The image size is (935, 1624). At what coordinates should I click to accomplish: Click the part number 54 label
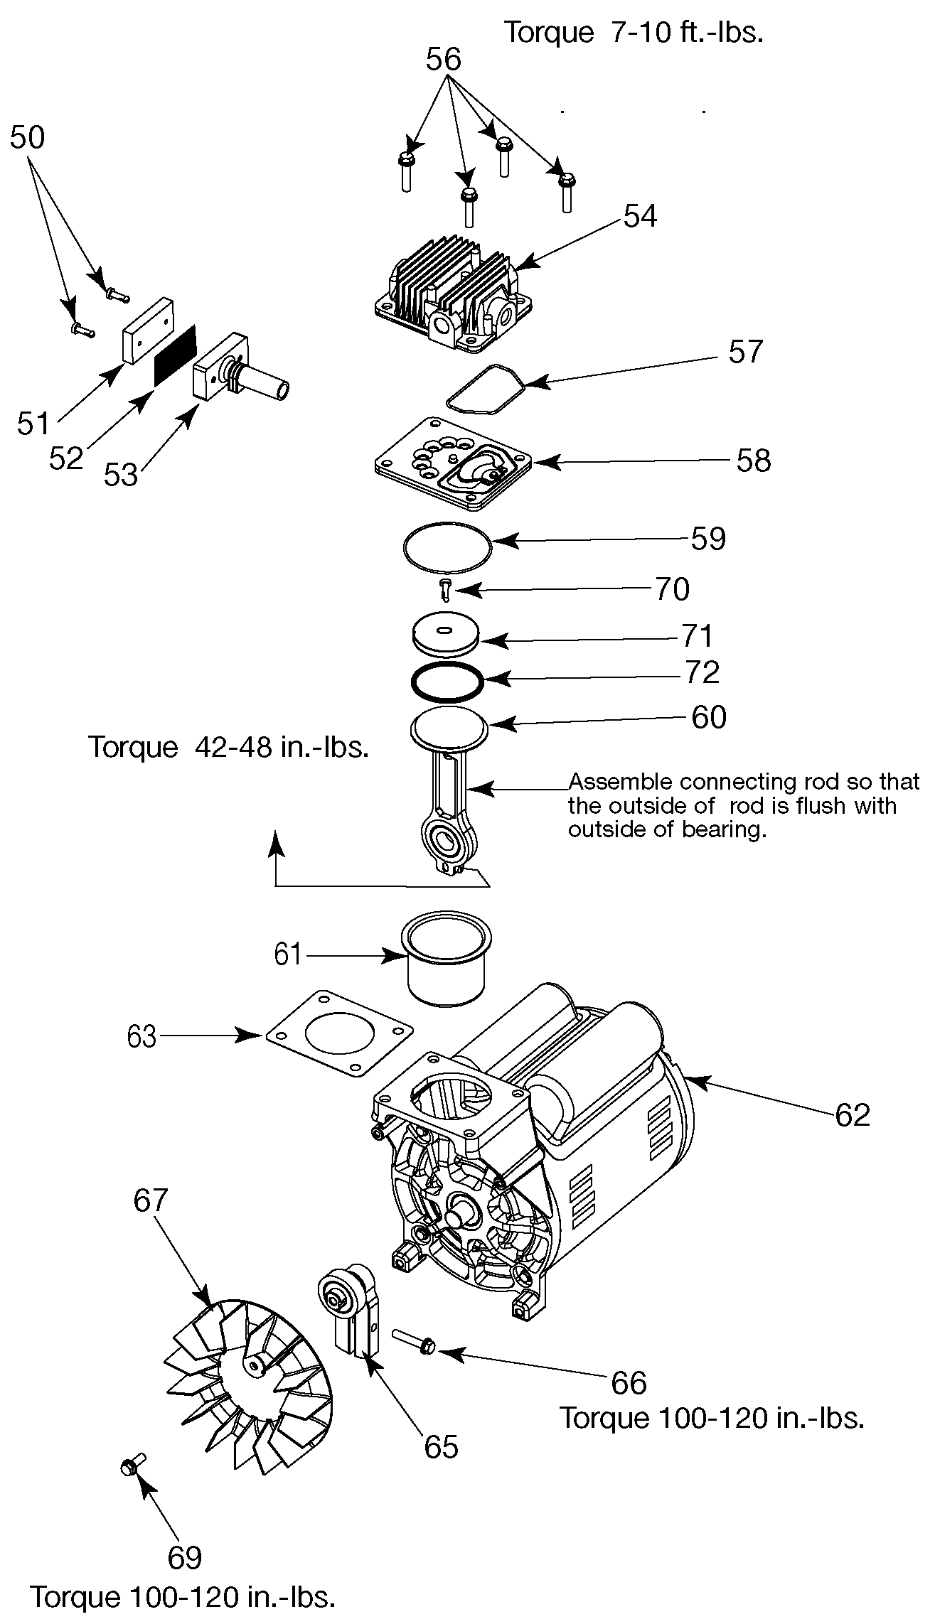(x=640, y=216)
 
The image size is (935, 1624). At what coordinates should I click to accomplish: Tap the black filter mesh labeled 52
(x=176, y=355)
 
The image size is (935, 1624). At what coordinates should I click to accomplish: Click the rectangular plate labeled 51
(x=147, y=330)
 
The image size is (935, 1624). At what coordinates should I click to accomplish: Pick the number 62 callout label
(x=853, y=1114)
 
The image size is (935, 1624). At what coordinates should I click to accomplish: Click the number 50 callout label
(x=27, y=137)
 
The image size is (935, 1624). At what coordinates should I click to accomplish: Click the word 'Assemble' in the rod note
(x=620, y=782)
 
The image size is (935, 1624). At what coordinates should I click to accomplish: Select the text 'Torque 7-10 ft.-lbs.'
(x=634, y=32)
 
